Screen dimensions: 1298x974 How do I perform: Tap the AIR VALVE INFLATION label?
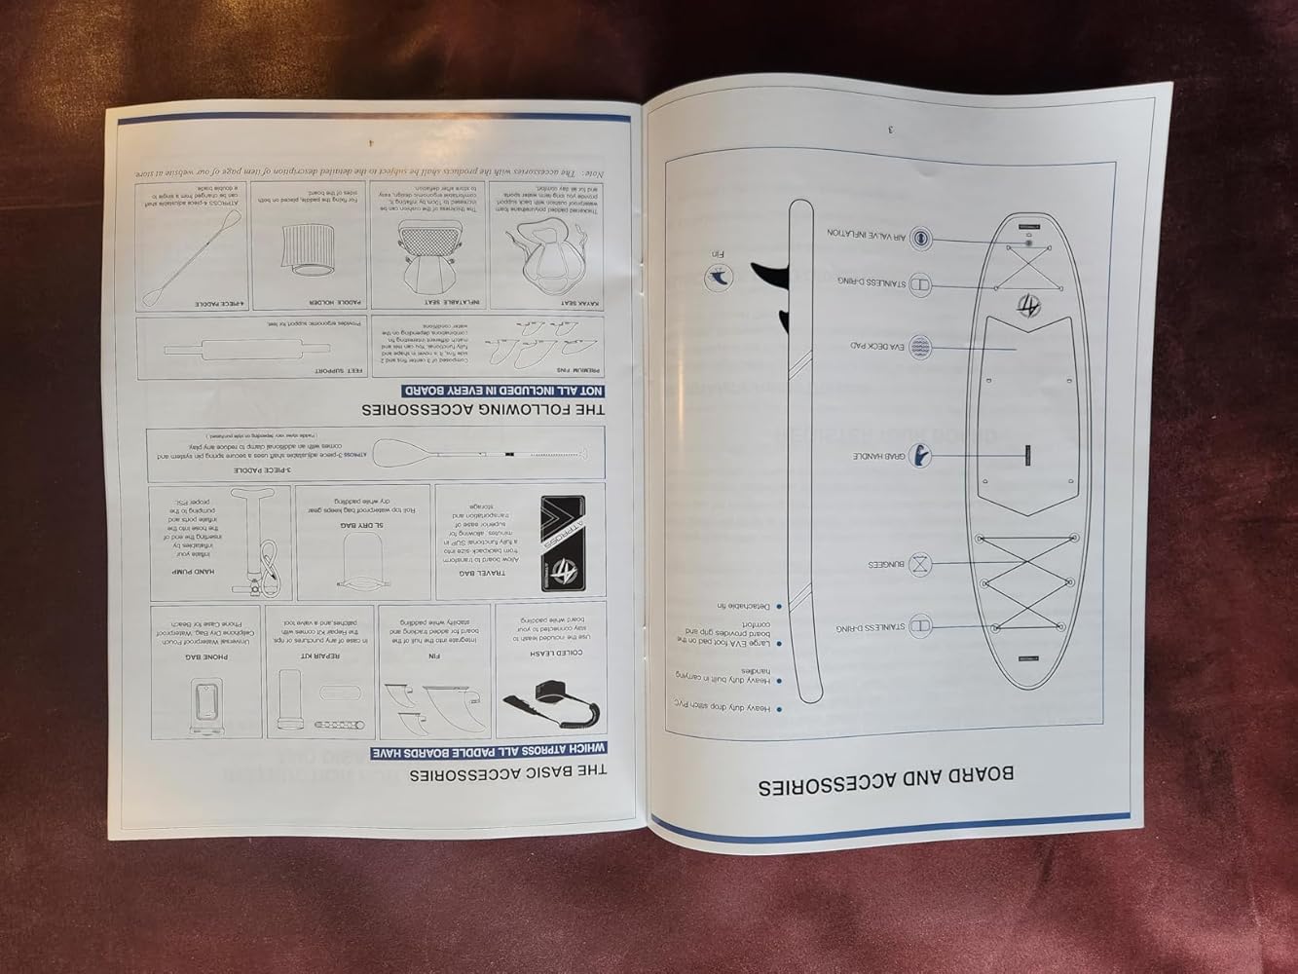[868, 234]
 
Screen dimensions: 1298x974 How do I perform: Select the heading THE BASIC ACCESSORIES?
[507, 773]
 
